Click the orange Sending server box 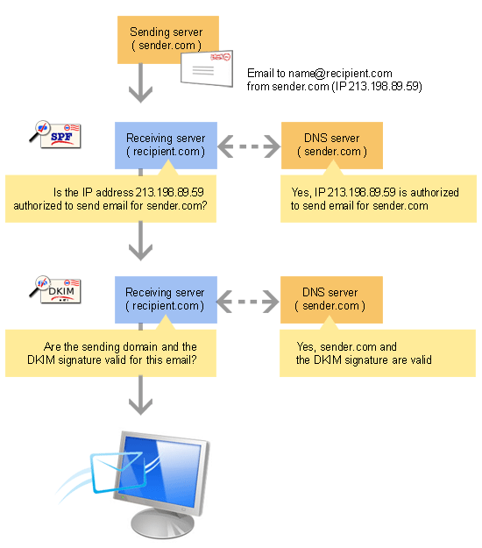tap(167, 39)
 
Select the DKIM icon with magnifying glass tap(54, 288)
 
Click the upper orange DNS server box tap(331, 145)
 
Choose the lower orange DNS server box tap(331, 299)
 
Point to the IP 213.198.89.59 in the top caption tap(391, 87)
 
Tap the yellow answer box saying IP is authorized tap(377, 198)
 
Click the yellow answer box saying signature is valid tap(377, 352)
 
